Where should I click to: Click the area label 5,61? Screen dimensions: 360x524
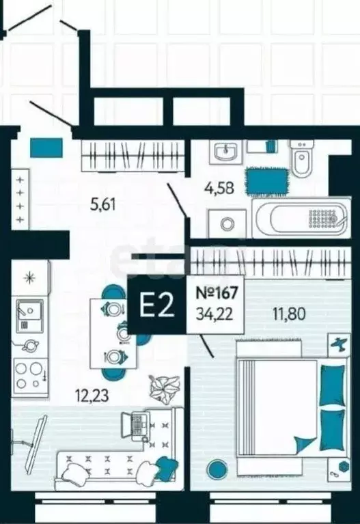[103, 204]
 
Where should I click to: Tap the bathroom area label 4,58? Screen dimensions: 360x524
[219, 188]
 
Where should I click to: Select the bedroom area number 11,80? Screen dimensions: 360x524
[289, 314]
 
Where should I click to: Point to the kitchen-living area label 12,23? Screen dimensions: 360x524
[93, 396]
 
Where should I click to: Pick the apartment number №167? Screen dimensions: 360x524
[217, 293]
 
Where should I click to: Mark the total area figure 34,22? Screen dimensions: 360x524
[214, 314]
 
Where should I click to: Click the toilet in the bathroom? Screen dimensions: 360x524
[302, 157]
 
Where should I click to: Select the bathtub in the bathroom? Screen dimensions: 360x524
[301, 218]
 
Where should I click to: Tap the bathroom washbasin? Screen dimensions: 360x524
[226, 152]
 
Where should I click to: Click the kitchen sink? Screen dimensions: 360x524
[29, 316]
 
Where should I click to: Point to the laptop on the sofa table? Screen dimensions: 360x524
[137, 424]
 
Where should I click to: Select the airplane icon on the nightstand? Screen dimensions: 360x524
[340, 344]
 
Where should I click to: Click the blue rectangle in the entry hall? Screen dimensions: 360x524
[47, 148]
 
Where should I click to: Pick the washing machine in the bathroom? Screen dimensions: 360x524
[227, 223]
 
